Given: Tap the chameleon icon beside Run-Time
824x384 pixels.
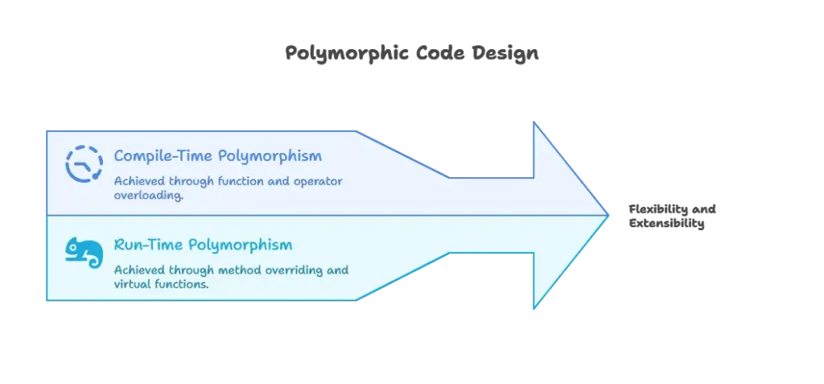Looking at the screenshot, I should click(x=84, y=252).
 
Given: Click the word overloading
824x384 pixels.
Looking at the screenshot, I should click(x=148, y=196).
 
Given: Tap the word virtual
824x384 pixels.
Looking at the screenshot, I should click(x=131, y=284).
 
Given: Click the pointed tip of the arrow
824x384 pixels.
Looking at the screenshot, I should click(x=606, y=214).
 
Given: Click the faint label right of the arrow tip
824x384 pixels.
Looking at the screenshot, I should click(x=672, y=215).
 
